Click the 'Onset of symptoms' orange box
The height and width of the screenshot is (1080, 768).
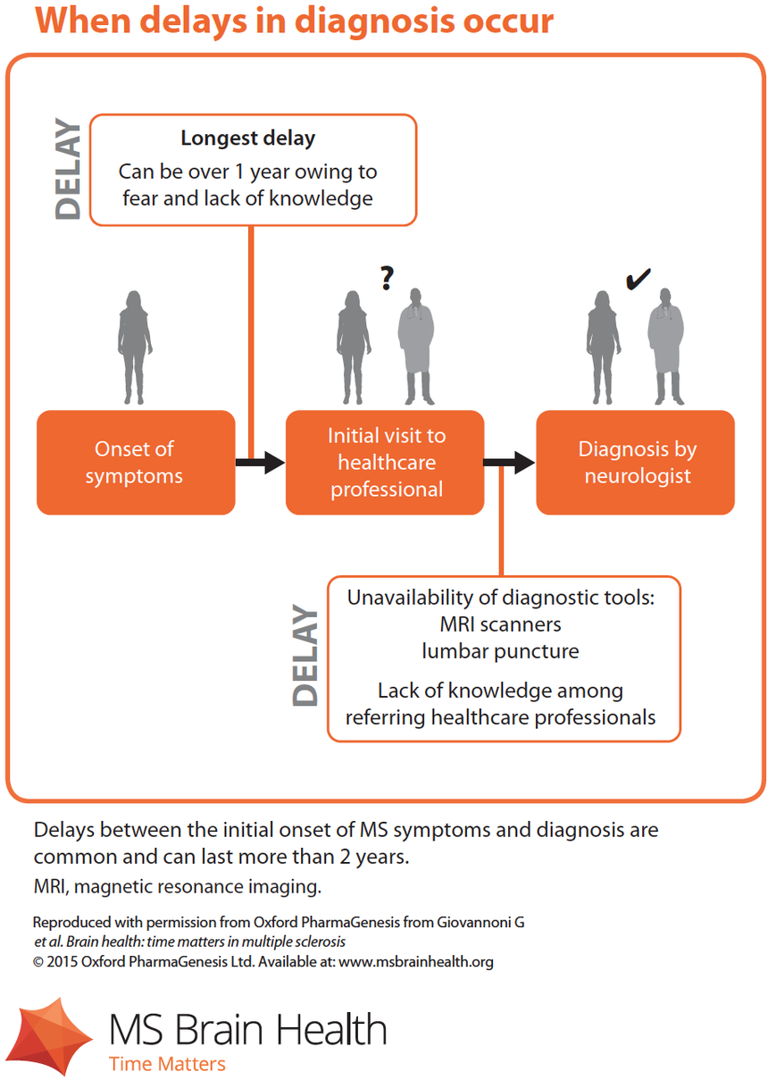[136, 462]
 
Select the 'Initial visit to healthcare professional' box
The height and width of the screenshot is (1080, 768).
[385, 462]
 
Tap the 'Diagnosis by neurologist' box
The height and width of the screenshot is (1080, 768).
[635, 462]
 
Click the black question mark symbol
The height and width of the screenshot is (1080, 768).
[386, 278]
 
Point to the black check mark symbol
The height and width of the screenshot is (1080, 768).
[638, 280]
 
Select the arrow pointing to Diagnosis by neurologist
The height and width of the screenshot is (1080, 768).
[510, 462]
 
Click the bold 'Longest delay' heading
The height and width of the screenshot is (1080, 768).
[247, 138]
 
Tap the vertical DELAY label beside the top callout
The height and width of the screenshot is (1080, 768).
[69, 170]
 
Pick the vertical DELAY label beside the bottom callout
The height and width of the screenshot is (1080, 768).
[305, 657]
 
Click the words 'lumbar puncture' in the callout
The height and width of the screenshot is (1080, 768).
[500, 651]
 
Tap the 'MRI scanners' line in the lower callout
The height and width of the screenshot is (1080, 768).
[500, 624]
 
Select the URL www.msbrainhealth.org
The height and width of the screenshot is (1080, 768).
[416, 962]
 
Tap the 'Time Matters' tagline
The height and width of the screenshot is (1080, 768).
[167, 1064]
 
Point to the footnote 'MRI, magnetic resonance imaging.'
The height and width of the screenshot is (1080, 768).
[177, 887]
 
